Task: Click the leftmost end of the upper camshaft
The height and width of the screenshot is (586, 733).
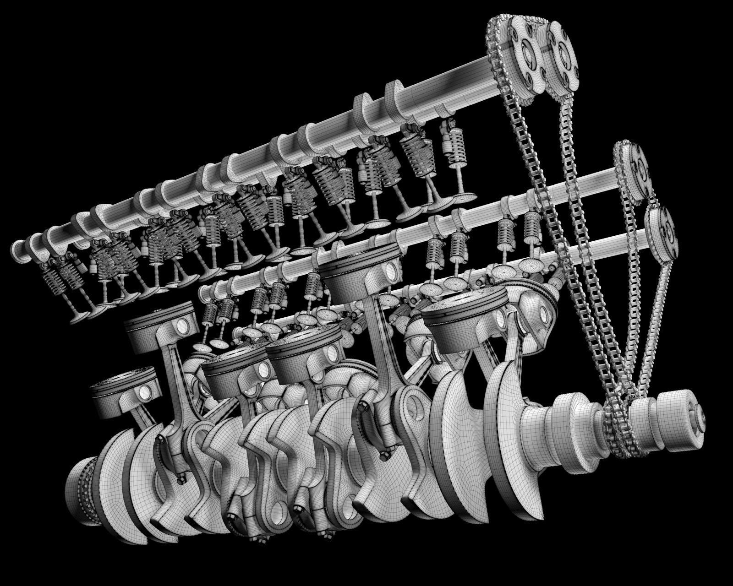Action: coord(18,250)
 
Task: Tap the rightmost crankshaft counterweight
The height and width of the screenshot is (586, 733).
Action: coord(513,412)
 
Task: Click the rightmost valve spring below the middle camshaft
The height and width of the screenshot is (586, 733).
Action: coord(531,227)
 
